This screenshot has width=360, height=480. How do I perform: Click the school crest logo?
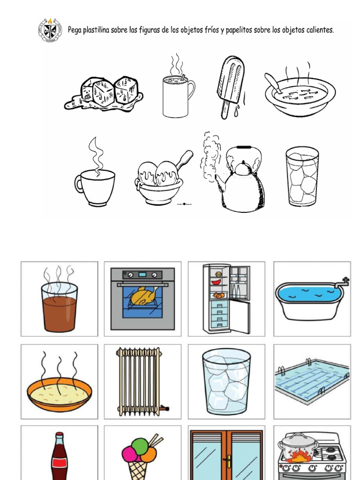coord(50,30)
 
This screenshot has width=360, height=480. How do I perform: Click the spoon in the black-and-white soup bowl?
coord(273,83)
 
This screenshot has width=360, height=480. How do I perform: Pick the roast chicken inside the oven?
coord(143,296)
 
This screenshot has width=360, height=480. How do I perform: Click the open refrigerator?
coord(226,298)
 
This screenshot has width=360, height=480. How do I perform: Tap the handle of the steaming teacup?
coord(78,184)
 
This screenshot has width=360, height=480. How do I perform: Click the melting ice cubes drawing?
coord(104,94)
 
